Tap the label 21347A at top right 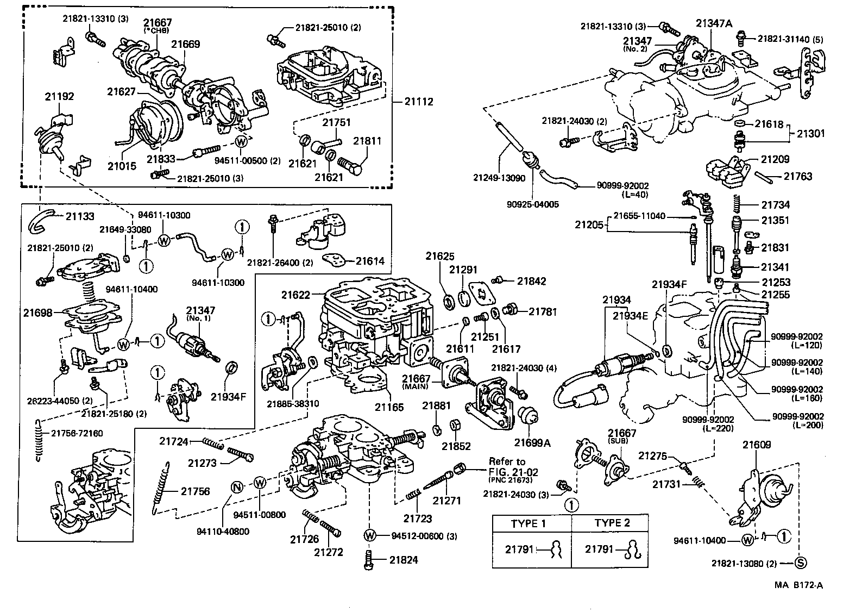[x=714, y=22]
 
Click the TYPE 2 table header [x=612, y=523]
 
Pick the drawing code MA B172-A [x=798, y=585]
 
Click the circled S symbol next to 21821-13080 [x=800, y=563]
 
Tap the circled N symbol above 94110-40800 [x=237, y=487]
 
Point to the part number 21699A [x=532, y=443]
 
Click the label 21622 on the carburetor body [x=296, y=295]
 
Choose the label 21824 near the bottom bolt [x=403, y=560]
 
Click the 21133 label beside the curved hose [x=80, y=216]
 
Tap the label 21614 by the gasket [x=370, y=261]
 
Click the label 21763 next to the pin [x=797, y=176]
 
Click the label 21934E [x=631, y=316]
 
